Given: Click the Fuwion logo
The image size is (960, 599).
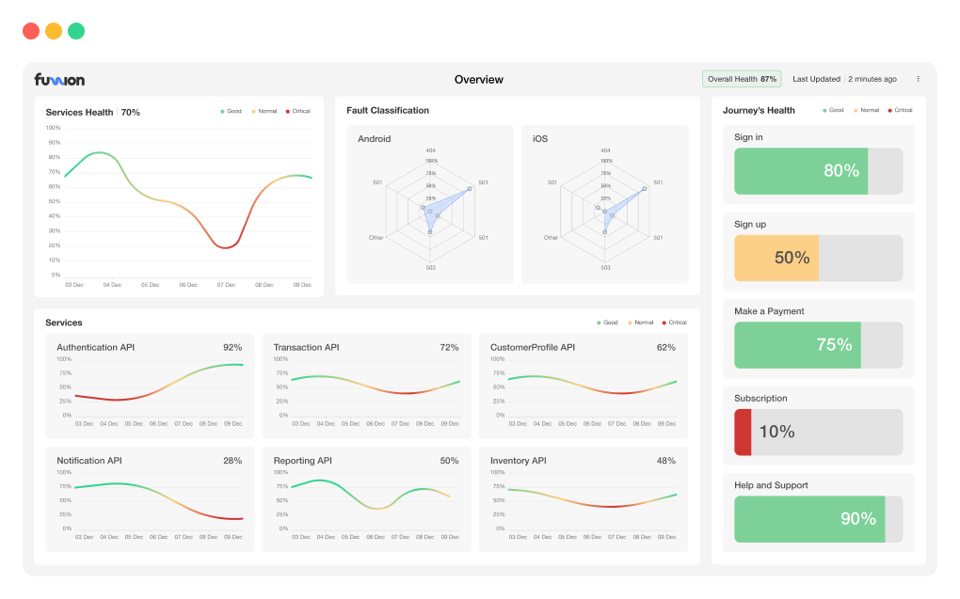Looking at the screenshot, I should (59, 79).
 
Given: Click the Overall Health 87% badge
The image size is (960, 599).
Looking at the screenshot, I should (742, 79).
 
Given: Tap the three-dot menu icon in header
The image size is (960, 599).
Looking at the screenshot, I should (919, 79).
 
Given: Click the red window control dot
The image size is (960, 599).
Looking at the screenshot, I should (31, 31).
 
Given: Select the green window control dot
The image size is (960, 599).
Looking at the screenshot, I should (76, 31).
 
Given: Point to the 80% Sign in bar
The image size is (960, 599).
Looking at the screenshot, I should (801, 171).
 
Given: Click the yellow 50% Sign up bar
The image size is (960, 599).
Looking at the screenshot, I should (776, 258).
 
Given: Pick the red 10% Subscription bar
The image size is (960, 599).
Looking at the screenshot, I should (743, 433).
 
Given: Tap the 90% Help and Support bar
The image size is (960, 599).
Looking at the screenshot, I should (809, 519).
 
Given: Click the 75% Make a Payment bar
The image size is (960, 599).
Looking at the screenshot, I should (797, 345).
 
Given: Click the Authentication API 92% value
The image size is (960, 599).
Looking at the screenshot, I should (232, 348).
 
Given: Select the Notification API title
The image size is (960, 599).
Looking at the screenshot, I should (88, 461).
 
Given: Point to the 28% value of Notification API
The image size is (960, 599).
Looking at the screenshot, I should (232, 461).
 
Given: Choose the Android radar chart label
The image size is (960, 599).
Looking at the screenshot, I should (374, 139).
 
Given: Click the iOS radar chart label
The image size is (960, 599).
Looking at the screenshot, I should (539, 139).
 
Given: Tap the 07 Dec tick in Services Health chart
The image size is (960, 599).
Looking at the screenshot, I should (226, 284).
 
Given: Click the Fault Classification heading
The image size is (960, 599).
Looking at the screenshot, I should (387, 110).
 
